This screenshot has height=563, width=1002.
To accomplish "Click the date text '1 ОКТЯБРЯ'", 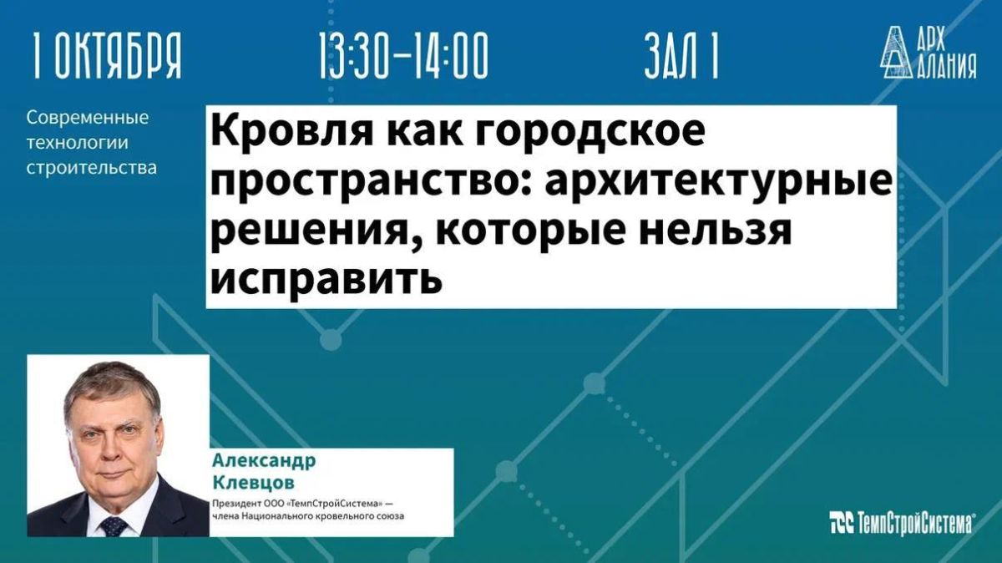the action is [x=107, y=55].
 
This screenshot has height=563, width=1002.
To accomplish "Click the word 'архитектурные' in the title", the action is [x=718, y=182].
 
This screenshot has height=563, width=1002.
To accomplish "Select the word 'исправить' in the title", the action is [x=327, y=279].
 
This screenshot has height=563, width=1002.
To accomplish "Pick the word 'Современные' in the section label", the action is [x=87, y=118].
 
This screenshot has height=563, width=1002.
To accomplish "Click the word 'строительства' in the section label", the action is [x=92, y=168].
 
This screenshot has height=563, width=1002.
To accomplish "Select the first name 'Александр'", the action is [x=264, y=460].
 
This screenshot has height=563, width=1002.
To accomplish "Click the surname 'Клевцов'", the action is [x=254, y=483].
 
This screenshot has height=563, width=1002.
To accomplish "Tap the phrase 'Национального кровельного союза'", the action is [x=322, y=516].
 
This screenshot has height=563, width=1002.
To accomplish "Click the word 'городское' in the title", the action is [x=590, y=133].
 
